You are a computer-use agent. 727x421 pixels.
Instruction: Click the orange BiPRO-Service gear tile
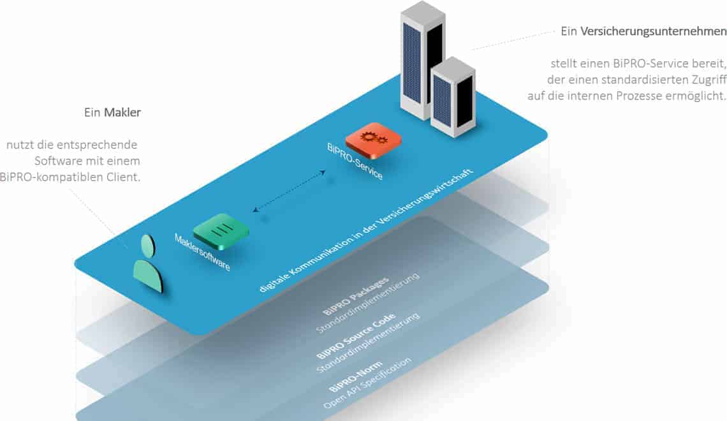(x=373, y=138)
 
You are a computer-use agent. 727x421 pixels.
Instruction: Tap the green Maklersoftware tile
(x=221, y=230)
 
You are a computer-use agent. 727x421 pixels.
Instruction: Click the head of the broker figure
(x=148, y=246)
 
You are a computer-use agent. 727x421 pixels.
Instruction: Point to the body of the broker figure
(x=148, y=276)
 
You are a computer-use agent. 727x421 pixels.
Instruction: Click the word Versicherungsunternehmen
(x=653, y=31)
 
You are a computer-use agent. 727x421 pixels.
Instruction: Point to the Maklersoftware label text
(x=202, y=253)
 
